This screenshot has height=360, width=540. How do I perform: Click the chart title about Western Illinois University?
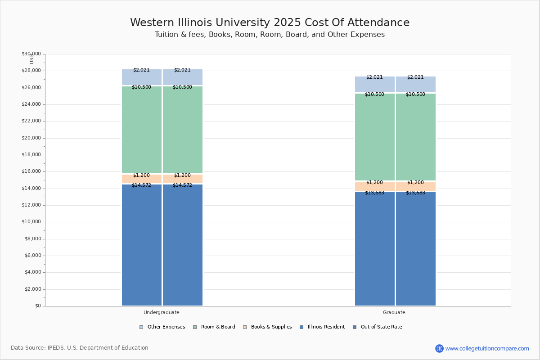tap(270, 22)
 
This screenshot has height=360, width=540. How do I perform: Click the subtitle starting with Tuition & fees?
tap(270, 35)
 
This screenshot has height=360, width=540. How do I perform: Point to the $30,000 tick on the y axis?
tap(31, 54)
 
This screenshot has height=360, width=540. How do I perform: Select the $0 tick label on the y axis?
tap(37, 306)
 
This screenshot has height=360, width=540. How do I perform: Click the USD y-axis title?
tap(31, 59)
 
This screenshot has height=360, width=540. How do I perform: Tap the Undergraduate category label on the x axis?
tap(161, 312)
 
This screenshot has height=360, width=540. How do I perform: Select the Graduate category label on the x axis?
tap(394, 312)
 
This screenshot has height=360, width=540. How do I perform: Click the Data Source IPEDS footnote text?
tap(80, 348)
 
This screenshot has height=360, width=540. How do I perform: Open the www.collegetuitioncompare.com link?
tap(487, 348)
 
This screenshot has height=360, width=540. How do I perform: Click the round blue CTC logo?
tap(439, 348)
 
